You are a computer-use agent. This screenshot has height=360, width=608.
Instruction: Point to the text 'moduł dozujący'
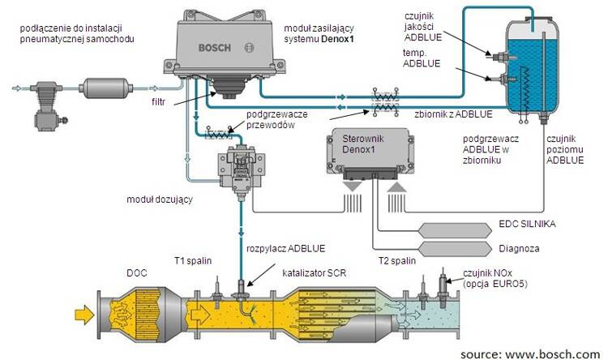click(x=159, y=199)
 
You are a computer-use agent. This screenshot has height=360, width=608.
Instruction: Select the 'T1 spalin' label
click(x=194, y=261)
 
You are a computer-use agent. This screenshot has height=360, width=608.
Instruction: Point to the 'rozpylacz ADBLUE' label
click(x=285, y=247)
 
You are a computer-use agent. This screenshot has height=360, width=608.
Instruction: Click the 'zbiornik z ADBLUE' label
click(x=448, y=114)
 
